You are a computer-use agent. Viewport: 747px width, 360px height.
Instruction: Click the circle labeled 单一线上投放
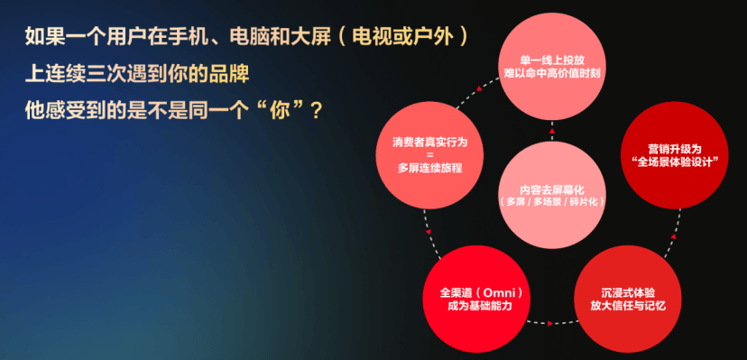pos(551,67)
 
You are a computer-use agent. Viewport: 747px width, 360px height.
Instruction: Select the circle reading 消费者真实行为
pos(429,155)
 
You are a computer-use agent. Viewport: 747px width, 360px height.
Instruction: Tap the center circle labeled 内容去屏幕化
pos(551,195)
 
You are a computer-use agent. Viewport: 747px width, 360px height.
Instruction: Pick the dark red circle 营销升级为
pos(675,155)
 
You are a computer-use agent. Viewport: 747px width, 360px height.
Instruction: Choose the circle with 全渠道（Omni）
pos(477,299)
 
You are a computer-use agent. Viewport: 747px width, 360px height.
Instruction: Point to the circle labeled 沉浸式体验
pos(627,299)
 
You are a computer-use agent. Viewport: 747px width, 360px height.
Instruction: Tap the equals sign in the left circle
pos(429,155)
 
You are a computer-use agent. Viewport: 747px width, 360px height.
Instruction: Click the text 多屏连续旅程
pos(429,168)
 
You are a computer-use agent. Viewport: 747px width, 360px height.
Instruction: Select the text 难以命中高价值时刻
pos(551,74)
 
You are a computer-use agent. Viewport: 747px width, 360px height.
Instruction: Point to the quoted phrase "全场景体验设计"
pos(675,162)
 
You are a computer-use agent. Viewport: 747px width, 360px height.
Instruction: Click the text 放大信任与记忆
pos(627,306)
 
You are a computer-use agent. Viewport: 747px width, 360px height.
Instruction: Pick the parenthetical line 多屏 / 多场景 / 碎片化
pos(551,201)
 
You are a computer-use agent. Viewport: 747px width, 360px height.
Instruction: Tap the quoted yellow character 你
pos(282,112)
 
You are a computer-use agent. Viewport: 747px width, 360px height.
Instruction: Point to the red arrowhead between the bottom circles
pos(550,323)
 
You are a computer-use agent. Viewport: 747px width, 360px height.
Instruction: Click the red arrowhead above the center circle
pos(551,131)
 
